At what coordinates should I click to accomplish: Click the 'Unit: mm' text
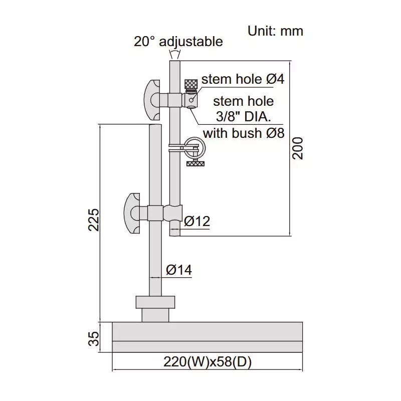click(275, 31)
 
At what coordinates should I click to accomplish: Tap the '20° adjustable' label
click(178, 41)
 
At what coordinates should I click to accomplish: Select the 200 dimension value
click(298, 147)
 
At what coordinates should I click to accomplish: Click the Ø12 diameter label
click(197, 221)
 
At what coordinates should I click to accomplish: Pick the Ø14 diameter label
click(178, 271)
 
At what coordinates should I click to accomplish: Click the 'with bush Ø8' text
click(244, 133)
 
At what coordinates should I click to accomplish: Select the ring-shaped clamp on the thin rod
click(193, 148)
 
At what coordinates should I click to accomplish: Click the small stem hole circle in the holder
click(191, 100)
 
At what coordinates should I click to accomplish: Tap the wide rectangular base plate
click(207, 337)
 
